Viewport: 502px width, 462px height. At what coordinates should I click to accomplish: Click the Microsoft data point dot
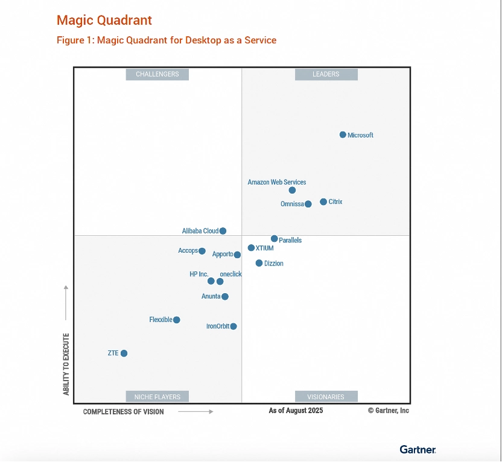click(343, 134)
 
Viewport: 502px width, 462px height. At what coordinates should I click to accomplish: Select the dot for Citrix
click(323, 201)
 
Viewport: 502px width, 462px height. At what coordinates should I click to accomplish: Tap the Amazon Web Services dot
click(292, 190)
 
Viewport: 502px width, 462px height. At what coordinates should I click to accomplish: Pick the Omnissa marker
click(308, 204)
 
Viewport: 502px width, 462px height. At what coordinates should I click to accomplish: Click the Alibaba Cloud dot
click(223, 230)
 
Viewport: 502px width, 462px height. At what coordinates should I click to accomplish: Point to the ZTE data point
click(124, 353)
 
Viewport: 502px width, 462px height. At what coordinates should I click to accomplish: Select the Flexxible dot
click(176, 320)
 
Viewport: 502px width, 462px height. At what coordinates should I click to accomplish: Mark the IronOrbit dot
click(234, 326)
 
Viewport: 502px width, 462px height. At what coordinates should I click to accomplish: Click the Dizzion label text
click(274, 264)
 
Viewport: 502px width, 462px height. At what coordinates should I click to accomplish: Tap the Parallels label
click(290, 240)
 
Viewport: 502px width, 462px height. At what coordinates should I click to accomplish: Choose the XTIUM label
click(264, 248)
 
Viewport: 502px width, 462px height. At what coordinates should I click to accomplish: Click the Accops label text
click(188, 250)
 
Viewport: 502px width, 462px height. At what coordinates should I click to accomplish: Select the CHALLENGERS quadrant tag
click(157, 74)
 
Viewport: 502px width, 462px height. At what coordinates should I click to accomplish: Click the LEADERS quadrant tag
click(326, 74)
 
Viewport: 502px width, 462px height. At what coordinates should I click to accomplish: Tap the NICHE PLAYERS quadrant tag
click(157, 396)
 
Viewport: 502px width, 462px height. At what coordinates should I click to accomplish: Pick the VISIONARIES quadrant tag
click(326, 396)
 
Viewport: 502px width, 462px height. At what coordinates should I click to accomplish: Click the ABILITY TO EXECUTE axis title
click(66, 364)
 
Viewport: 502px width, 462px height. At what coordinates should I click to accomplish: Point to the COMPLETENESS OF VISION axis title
click(123, 412)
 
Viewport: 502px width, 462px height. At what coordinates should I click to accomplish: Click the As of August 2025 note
click(296, 411)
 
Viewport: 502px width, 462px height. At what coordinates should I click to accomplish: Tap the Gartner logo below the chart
click(418, 449)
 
